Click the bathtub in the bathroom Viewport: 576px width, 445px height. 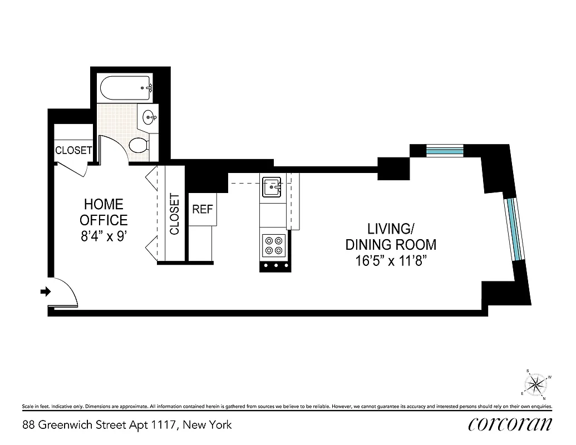126,87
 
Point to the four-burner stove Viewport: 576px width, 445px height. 273,245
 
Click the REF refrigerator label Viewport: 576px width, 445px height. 202,210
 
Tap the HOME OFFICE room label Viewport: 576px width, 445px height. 104,212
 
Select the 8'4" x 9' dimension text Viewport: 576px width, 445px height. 104,236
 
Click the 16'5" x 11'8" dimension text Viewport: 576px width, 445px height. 391,260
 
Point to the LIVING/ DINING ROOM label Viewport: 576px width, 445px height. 391,236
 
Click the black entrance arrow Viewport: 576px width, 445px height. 46,291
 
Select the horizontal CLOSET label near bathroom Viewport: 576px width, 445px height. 73,150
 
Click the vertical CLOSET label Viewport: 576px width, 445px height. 174,214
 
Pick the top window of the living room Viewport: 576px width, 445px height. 445,150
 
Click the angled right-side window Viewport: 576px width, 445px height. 515,228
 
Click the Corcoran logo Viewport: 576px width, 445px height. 510,424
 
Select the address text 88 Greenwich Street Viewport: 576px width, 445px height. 127,426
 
